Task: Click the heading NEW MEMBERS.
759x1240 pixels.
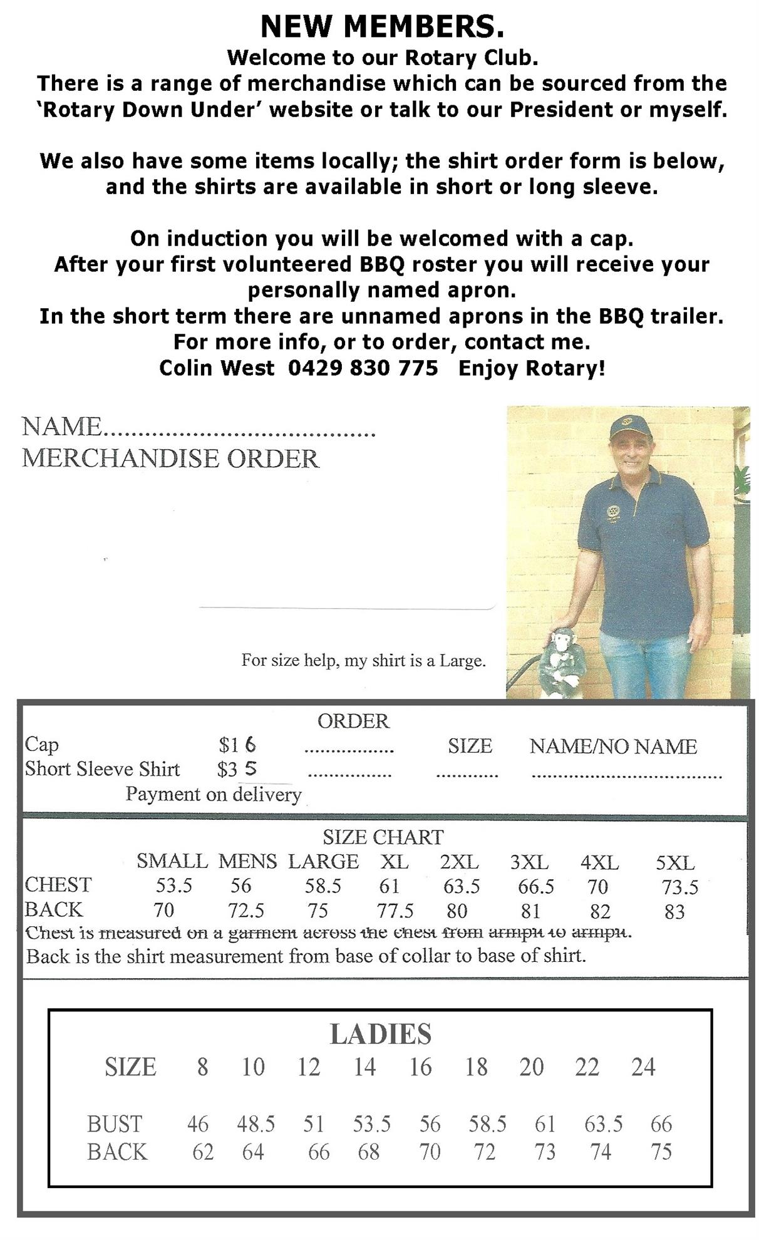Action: pos(381,26)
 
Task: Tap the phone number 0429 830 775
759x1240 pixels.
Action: pos(363,368)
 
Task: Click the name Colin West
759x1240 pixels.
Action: pos(217,368)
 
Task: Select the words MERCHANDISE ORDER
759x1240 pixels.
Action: pos(170,458)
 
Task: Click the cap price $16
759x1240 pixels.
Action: pos(237,745)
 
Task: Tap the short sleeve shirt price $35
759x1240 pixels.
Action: pos(237,769)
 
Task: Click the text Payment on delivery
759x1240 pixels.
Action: pos(214,794)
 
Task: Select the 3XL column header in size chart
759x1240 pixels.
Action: pos(529,862)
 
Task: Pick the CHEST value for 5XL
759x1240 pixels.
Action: pos(680,887)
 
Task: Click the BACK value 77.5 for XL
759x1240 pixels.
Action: pos(395,911)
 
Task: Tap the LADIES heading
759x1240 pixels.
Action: pos(380,1034)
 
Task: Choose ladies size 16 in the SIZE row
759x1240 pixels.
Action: pos(420,1067)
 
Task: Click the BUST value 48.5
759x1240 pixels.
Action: pos(256,1124)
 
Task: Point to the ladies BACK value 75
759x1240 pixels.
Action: pos(661,1152)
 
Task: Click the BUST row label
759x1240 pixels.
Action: pos(115,1124)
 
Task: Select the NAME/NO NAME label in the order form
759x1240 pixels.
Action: pos(613,746)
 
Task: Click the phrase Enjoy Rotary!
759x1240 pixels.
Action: pos(532,368)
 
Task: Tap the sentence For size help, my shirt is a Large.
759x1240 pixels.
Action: pos(363,660)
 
